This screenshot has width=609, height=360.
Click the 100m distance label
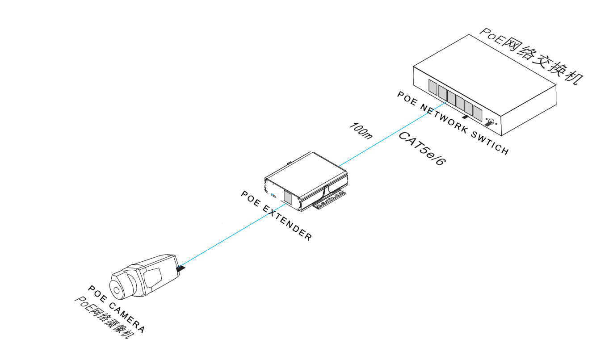360,130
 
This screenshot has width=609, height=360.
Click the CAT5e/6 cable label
422,149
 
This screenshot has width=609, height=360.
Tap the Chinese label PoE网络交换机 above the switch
532,55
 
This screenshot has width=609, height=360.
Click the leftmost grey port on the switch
433,87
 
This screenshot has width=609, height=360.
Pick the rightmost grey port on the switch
478,114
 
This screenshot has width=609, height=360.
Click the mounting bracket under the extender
330,202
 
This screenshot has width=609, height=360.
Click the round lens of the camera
117,291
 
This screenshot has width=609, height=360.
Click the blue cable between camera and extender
232,235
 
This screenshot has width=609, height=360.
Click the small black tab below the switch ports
465,117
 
